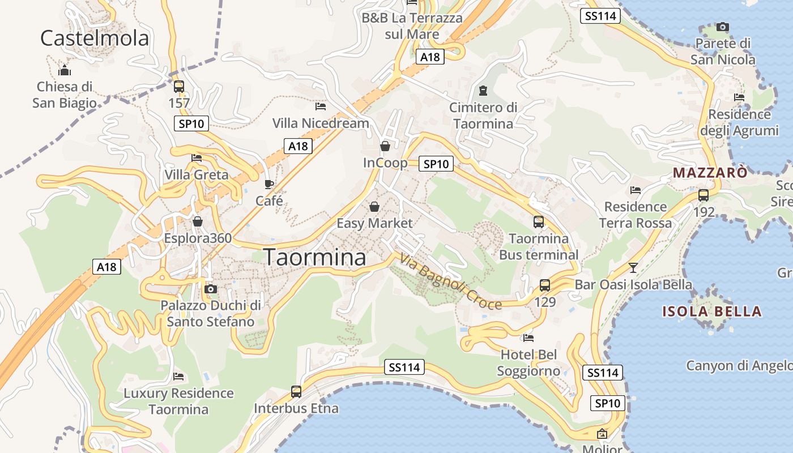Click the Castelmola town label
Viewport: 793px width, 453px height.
[x=95, y=38]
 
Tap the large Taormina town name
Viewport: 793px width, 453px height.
[x=315, y=257]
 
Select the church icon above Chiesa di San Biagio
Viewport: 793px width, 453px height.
[x=65, y=71]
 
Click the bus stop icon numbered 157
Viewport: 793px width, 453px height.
[x=179, y=87]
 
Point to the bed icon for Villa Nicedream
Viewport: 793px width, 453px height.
[x=321, y=106]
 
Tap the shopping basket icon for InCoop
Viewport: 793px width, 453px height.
[x=385, y=146]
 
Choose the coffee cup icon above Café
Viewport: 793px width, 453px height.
[x=269, y=184]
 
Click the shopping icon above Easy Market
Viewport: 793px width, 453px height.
[x=374, y=207]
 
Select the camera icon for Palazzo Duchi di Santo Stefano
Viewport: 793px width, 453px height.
[x=211, y=289]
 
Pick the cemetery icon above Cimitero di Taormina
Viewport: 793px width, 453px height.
[x=483, y=91]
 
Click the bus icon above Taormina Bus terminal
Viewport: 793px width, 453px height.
[x=539, y=222]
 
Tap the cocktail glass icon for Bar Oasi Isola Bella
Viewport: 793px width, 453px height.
[x=633, y=267]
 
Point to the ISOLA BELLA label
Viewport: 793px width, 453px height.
[x=712, y=311]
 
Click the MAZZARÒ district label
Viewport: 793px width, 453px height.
[x=710, y=173]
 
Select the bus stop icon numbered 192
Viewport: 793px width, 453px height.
[x=704, y=195]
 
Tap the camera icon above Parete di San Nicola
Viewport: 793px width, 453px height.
[x=722, y=27]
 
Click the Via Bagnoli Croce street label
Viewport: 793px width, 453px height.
[x=451, y=282]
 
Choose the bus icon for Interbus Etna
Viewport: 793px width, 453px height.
[x=296, y=391]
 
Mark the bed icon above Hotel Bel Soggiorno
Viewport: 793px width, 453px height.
[x=528, y=338]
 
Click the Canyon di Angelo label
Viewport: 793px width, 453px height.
[x=739, y=366]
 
